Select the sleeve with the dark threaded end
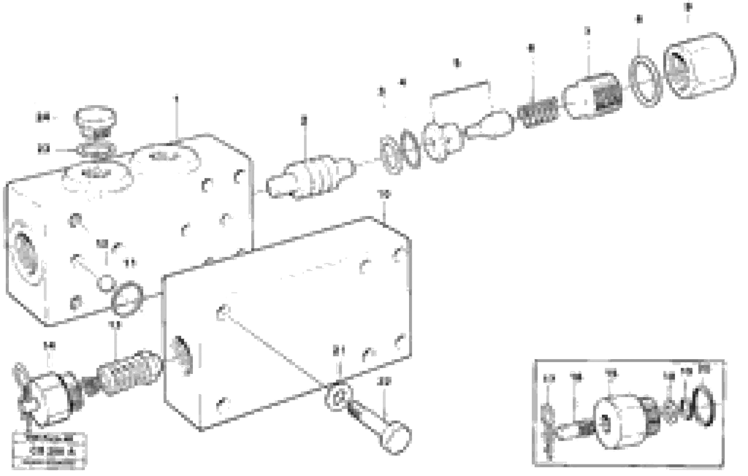tap(593, 96)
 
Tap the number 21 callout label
tap(339, 352)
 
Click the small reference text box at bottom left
tap(50, 450)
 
